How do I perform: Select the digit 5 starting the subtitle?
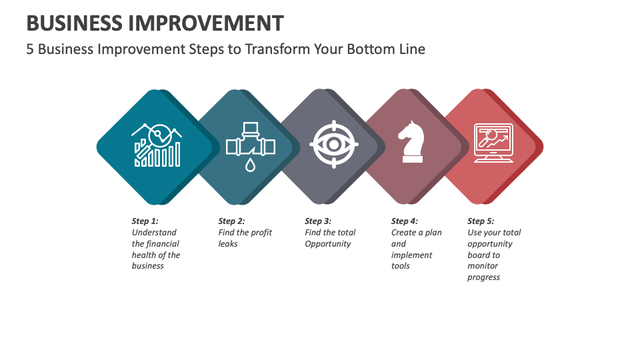(x=30, y=49)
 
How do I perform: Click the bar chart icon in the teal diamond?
(x=157, y=145)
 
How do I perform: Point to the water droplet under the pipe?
(x=250, y=164)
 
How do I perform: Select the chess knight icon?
(x=411, y=142)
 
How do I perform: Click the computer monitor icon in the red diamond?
(x=493, y=143)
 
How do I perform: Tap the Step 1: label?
(x=145, y=221)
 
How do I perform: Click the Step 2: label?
(x=231, y=221)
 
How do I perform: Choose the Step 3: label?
(x=318, y=221)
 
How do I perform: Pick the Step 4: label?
(x=404, y=221)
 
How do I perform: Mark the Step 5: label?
(x=481, y=221)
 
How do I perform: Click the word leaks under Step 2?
(x=228, y=244)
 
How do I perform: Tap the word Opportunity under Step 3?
(x=327, y=244)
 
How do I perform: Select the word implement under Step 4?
(x=411, y=255)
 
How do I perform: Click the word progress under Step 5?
(x=483, y=277)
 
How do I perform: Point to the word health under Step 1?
(x=144, y=255)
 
